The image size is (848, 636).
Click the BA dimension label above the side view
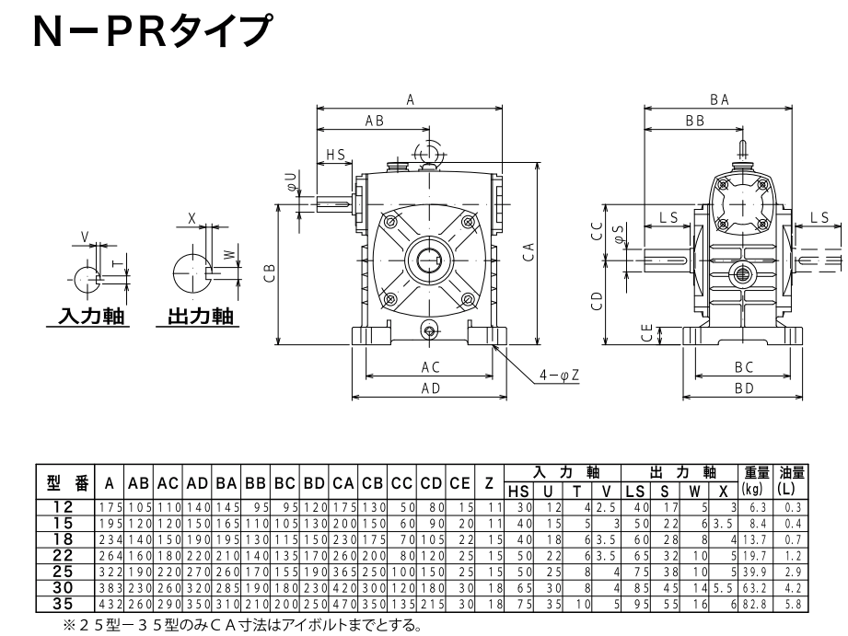[x=719, y=100]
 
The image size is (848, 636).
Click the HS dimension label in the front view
[x=335, y=156]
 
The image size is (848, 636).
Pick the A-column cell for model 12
[x=109, y=506]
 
